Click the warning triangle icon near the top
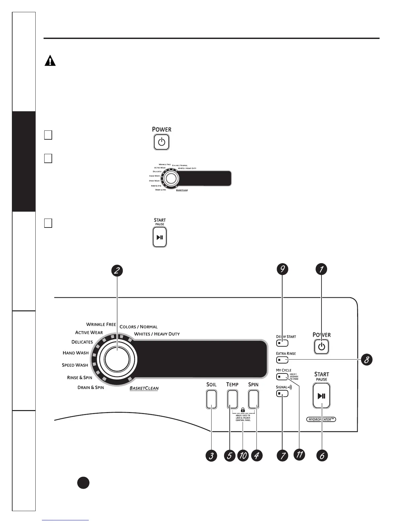(x=50, y=61)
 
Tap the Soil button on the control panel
(x=211, y=400)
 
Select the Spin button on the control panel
(x=253, y=400)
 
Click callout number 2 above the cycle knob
(x=117, y=271)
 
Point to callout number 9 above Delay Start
(x=282, y=269)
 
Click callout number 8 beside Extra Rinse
(x=366, y=360)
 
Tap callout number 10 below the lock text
(x=243, y=456)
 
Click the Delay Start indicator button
(x=282, y=343)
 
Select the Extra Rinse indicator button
(x=282, y=360)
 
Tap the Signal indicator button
(x=282, y=394)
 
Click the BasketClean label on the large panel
(x=144, y=388)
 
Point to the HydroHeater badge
(x=321, y=420)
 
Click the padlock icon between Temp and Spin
(x=243, y=410)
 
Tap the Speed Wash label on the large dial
(x=75, y=365)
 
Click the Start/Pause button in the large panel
(x=321, y=396)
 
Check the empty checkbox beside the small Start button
(x=48, y=223)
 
